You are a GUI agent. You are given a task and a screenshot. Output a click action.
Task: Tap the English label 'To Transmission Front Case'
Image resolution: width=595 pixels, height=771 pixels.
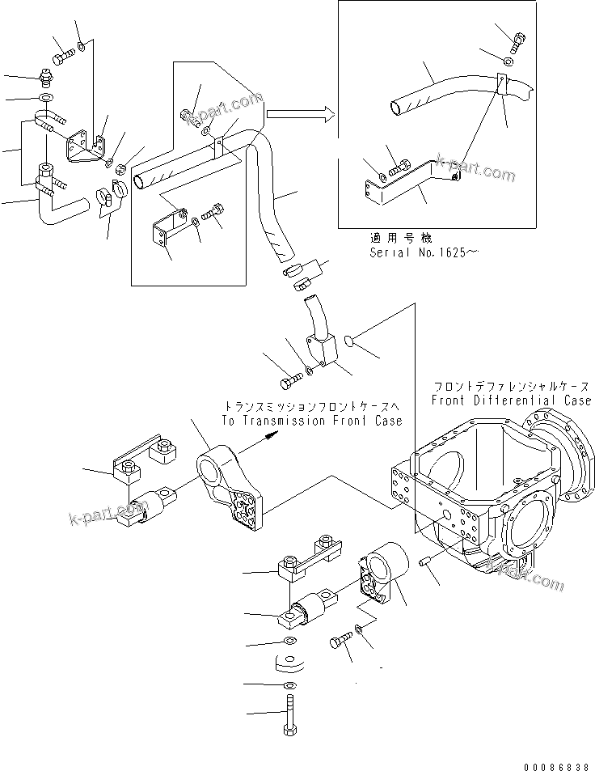311,421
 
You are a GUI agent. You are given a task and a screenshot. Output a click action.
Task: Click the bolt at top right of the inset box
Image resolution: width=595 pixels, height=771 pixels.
518,36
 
